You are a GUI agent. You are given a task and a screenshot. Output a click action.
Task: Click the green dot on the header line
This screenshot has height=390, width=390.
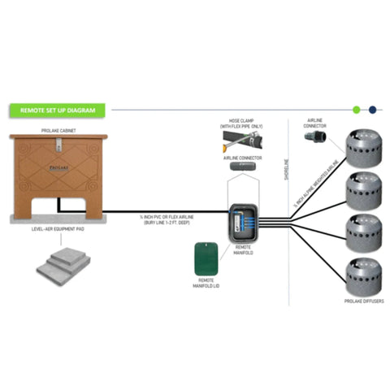coord(356,107)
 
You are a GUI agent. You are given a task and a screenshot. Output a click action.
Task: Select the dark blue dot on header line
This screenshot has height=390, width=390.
coord(371,107)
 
